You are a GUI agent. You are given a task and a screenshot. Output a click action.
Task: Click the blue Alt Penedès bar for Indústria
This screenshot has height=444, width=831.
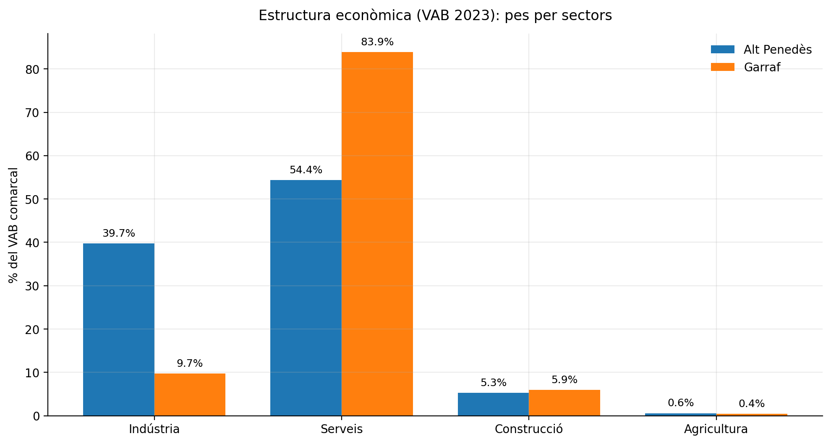pos(119,329)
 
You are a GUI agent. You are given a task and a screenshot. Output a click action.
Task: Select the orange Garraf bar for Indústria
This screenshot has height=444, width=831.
pos(190,394)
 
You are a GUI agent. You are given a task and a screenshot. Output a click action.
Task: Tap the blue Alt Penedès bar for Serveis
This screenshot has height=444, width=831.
pos(306,298)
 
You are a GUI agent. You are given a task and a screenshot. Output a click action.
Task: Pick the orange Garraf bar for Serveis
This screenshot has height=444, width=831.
pos(377,234)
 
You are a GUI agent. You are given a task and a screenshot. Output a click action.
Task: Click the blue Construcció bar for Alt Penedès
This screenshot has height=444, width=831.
pos(493,404)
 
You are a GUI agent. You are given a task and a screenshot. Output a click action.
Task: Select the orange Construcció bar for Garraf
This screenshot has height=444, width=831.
pos(564,403)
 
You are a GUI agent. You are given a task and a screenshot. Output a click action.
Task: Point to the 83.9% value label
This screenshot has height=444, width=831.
pos(377,42)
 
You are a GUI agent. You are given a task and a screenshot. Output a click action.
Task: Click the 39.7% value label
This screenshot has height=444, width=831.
pos(119,233)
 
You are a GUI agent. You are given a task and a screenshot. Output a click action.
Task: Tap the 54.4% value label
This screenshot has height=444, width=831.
pos(306,170)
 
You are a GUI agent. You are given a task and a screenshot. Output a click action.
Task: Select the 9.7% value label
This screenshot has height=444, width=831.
pos(190,363)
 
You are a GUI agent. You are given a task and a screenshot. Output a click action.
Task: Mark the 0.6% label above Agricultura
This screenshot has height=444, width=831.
pos(680,403)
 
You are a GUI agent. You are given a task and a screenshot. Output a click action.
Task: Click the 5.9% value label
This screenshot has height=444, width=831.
pos(564,380)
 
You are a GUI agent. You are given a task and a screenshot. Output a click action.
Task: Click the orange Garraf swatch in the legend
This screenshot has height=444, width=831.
pos(722,67)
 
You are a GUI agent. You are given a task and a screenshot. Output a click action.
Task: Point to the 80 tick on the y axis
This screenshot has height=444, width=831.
pos(32,69)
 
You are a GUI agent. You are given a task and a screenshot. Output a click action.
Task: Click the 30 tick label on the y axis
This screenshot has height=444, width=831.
pos(32,286)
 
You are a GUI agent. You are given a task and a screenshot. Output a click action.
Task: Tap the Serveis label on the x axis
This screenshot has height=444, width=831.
pos(342,429)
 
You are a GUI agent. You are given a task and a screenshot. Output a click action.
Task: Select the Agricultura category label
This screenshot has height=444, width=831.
pos(716,429)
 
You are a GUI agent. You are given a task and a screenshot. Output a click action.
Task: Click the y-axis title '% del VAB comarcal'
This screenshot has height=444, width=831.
pos(13,225)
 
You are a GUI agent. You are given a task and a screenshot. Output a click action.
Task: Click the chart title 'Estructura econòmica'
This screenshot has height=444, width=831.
pos(435,16)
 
